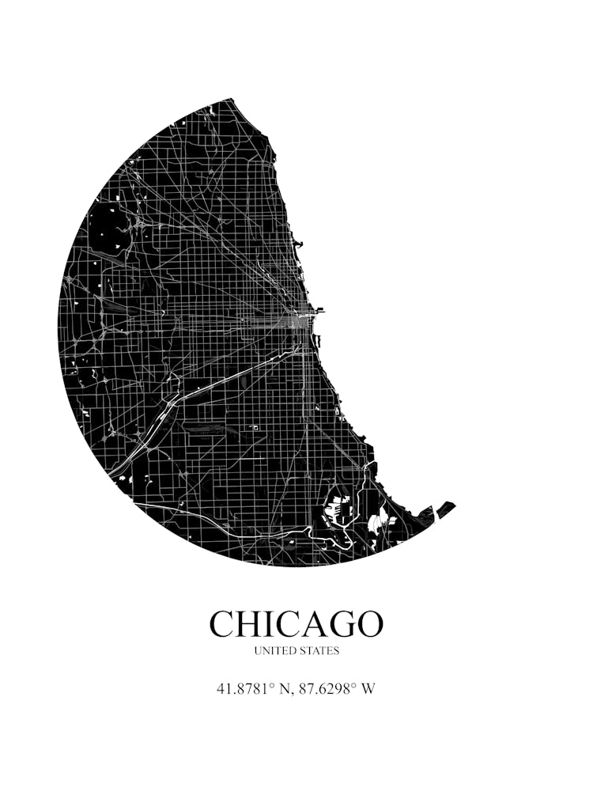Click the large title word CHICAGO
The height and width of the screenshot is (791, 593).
[296, 624]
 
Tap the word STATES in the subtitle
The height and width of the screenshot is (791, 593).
[319, 651]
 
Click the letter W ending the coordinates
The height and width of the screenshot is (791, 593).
[368, 688]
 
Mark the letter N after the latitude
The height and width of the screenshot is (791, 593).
[285, 688]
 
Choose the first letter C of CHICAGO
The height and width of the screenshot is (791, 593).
[223, 624]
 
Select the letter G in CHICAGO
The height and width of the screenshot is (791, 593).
[341, 624]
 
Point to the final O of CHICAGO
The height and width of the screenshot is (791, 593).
[368, 624]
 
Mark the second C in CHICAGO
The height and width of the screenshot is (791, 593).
[287, 624]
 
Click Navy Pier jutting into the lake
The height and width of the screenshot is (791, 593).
[318, 312]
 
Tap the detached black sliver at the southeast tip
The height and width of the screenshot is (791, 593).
[446, 509]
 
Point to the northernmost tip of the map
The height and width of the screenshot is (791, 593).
[231, 100]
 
